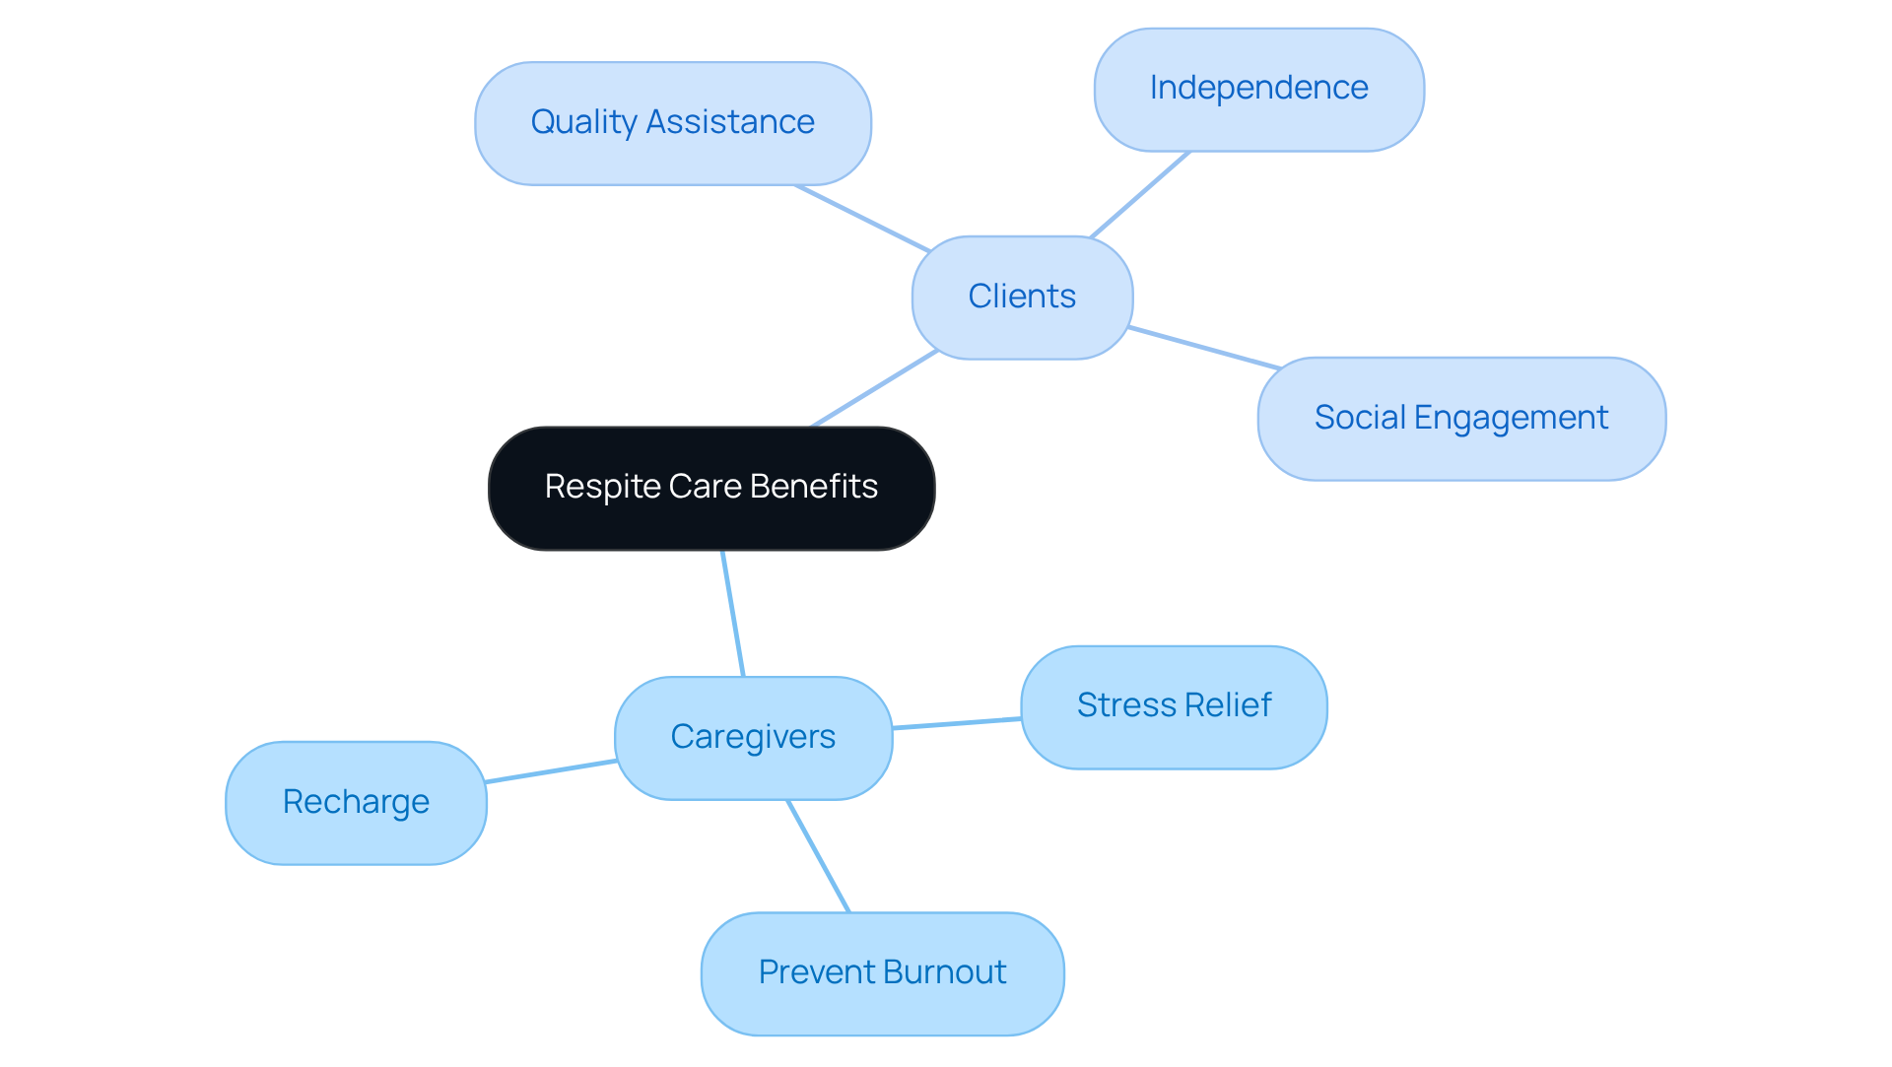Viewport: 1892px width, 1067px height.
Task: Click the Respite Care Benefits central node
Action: click(710, 488)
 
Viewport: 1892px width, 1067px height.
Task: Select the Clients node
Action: click(1022, 297)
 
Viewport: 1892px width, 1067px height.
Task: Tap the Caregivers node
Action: click(753, 737)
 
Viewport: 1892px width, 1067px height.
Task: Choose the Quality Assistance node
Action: click(672, 123)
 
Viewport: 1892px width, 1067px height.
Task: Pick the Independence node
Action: click(1258, 89)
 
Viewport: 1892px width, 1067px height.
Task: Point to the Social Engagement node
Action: click(1460, 419)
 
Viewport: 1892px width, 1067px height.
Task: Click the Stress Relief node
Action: click(1174, 706)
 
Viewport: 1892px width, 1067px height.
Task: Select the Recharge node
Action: click(356, 802)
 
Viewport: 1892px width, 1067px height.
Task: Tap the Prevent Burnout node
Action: click(882, 972)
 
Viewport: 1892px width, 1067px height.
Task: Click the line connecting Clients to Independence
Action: click(1139, 194)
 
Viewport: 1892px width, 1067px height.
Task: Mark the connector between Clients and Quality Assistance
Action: click(862, 218)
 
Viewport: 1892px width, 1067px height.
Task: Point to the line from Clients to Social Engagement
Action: click(1204, 348)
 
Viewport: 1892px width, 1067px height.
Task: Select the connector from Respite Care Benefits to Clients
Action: click(874, 388)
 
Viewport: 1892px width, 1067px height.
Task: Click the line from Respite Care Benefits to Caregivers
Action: click(733, 613)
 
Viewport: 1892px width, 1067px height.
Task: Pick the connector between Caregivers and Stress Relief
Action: click(956, 723)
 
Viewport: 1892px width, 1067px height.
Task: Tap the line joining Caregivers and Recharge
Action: click(551, 771)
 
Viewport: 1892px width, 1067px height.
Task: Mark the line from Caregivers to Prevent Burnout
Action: click(818, 855)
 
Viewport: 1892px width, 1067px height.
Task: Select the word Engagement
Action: click(1511, 419)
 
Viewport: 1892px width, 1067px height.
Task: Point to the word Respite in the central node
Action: click(602, 487)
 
